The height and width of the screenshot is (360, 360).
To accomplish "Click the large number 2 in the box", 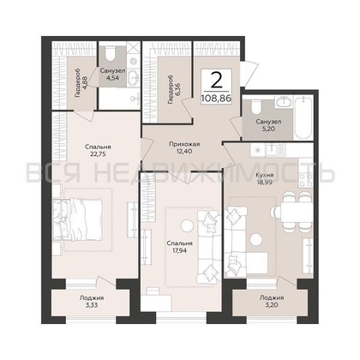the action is [x=217, y=80].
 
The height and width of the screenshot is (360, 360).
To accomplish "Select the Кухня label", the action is [x=265, y=175].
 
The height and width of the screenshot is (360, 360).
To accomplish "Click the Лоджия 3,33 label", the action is [x=92, y=301].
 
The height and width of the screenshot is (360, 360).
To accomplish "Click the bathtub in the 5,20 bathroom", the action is [x=303, y=118].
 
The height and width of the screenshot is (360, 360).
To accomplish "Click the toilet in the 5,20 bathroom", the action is [x=255, y=107].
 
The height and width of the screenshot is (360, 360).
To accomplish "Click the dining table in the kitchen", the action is [x=297, y=212].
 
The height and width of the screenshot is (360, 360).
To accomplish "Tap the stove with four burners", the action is [x=305, y=180].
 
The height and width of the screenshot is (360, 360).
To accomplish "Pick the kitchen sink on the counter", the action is [x=271, y=148].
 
